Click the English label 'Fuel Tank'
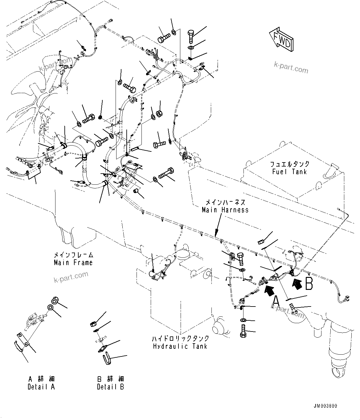(289, 172)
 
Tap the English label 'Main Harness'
(225, 210)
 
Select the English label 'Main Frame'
(73, 263)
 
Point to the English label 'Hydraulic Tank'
(180, 346)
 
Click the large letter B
(309, 283)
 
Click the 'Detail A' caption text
(41, 387)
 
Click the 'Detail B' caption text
(110, 387)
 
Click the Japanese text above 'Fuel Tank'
(289, 164)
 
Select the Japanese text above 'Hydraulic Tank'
(180, 339)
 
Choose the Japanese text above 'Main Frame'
(73, 255)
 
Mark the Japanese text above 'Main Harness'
(225, 202)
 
